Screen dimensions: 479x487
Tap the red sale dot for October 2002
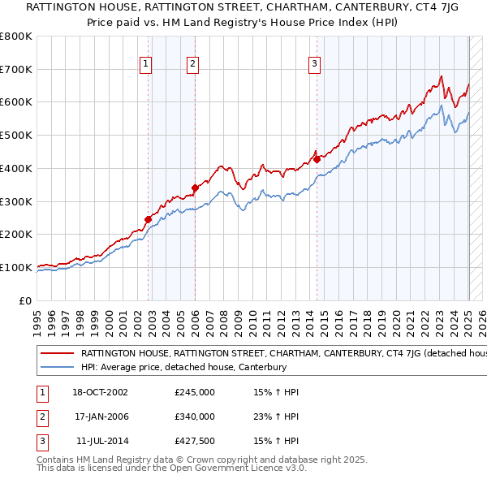tap(149, 218)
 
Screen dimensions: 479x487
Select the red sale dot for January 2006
tap(196, 188)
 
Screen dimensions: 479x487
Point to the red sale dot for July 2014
tap(317, 159)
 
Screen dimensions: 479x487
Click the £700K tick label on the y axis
tap(16, 69)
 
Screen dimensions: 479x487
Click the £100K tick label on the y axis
tap(16, 267)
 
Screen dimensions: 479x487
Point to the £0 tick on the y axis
tap(26, 300)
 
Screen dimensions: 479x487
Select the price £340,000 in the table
tap(195, 416)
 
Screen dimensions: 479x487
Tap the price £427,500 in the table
tap(195, 441)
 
